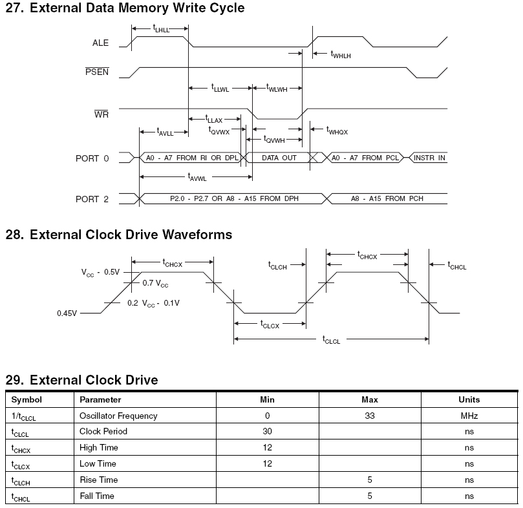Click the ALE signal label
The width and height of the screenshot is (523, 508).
tap(100, 43)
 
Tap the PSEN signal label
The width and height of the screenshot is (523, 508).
tap(97, 72)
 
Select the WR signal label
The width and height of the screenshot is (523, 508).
tap(101, 114)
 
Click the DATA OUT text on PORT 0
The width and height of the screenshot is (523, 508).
tap(279, 158)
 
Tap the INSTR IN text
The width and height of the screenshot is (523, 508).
tap(429, 158)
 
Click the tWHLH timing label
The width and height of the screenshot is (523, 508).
tap(341, 55)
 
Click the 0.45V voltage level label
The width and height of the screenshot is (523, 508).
tap(67, 313)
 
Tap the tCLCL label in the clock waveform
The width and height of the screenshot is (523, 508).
tap(331, 340)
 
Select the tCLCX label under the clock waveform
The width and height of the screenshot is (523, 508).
tap(269, 324)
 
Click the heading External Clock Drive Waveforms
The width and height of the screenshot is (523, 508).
tap(118, 235)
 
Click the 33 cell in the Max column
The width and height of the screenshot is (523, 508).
tap(370, 416)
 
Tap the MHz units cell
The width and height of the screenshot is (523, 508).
tap(469, 416)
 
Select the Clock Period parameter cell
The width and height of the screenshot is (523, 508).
tap(103, 431)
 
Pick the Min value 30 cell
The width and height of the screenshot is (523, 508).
tap(267, 431)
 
